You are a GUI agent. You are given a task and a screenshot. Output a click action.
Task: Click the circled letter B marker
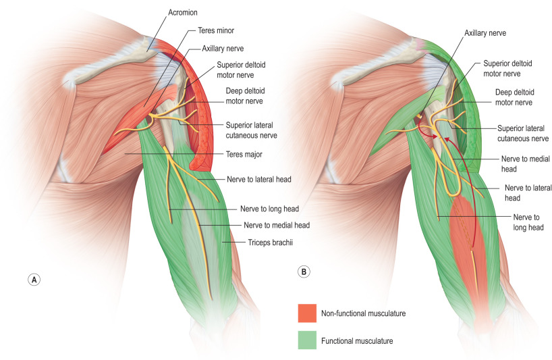coord(304,272)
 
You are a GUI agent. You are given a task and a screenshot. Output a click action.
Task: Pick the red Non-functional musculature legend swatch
coord(308,313)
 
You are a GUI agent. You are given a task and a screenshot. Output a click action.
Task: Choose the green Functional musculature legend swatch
coord(308,341)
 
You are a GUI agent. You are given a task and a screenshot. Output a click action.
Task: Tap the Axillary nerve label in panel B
coord(485,32)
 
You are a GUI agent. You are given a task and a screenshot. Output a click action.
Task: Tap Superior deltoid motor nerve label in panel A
coord(240,70)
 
